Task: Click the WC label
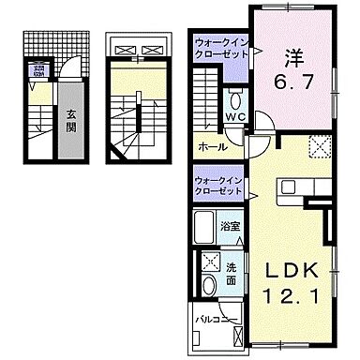tap(234, 117)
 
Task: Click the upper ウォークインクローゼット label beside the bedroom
tap(221, 48)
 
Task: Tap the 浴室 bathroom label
tap(228, 227)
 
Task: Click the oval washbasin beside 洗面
tap(207, 285)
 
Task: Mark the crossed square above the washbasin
tap(206, 262)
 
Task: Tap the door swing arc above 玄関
tap(66, 75)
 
